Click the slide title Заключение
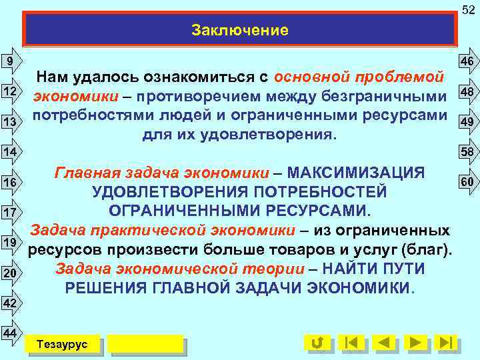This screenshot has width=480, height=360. [x=240, y=30]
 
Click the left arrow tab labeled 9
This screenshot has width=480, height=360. [x=10, y=61]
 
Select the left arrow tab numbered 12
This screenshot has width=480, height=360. [x=10, y=91]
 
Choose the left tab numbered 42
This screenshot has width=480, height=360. [x=10, y=303]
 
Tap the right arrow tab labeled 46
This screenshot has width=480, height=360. [x=466, y=62]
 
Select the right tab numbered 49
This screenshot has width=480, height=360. [x=466, y=121]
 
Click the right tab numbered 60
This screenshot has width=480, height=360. [x=466, y=181]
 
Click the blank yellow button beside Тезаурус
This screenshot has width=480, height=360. [x=145, y=344]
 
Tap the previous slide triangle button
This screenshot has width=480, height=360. [x=383, y=343]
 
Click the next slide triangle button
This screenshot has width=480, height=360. [x=415, y=343]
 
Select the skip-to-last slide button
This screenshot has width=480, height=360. [x=446, y=343]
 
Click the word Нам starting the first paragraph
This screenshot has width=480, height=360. [x=52, y=76]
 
